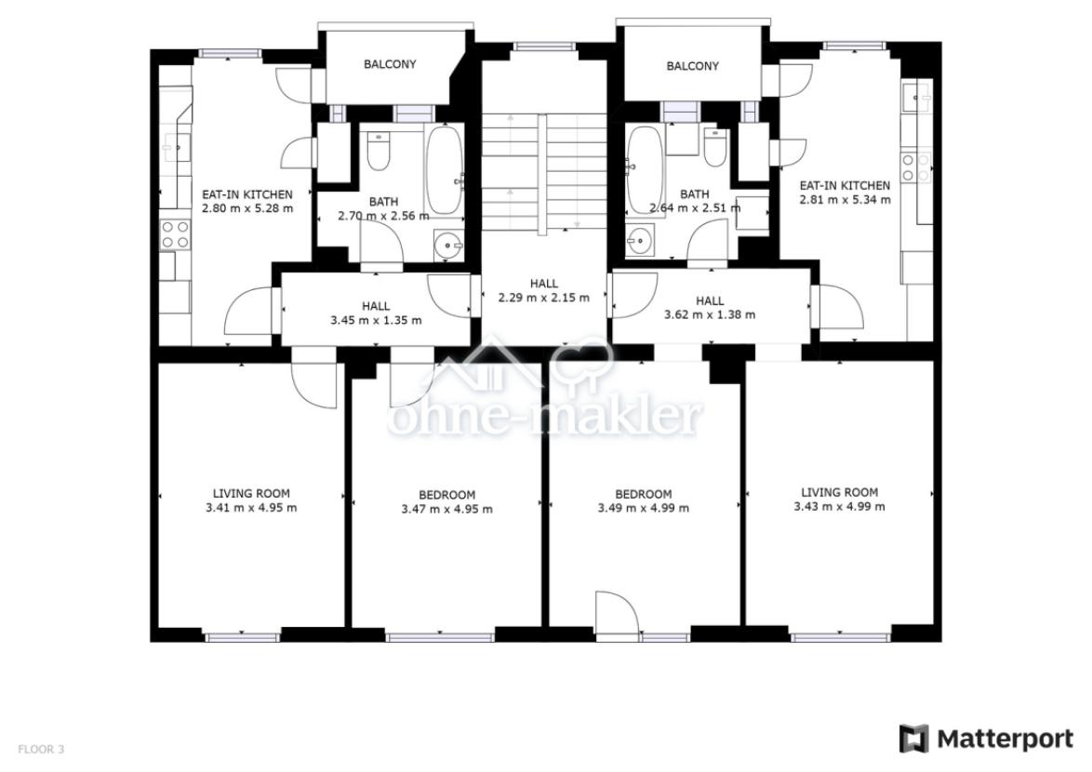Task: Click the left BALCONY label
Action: [390, 64]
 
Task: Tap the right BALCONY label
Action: [692, 66]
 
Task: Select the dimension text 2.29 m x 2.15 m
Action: [543, 298]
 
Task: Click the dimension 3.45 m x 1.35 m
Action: [376, 320]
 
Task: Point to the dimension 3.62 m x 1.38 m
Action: [709, 314]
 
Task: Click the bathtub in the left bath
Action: [444, 170]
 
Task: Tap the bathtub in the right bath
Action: [645, 170]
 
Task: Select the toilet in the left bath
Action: [379, 152]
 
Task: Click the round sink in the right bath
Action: [639, 242]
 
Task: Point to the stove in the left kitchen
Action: [175, 234]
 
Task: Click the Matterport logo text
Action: [1005, 739]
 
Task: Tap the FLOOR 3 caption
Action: [41, 750]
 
